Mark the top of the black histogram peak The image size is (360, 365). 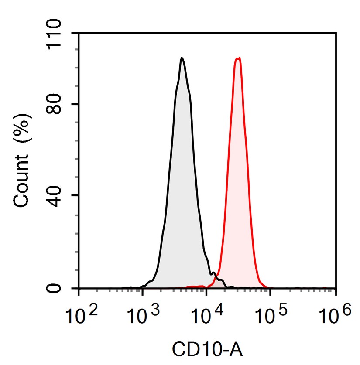tap(182, 58)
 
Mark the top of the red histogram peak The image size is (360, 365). tap(238, 58)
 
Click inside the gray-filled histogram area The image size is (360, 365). tap(181, 196)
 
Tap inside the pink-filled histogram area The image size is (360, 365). tap(238, 196)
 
